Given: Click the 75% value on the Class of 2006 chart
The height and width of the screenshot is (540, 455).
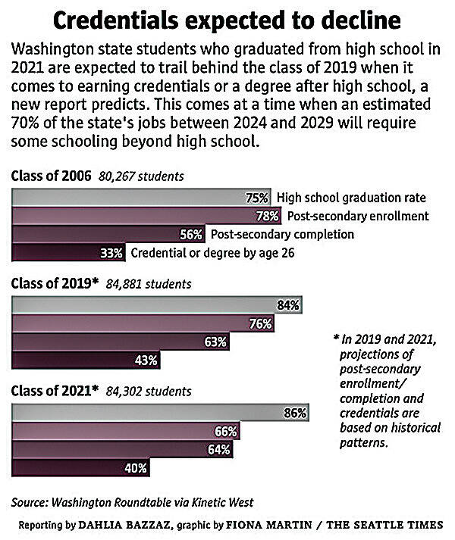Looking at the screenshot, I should point(258,198).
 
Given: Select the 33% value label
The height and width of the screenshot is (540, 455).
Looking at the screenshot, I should point(112,253).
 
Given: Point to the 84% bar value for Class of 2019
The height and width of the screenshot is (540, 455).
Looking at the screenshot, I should point(289,305).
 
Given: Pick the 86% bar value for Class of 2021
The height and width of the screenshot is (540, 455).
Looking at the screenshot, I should point(295,414).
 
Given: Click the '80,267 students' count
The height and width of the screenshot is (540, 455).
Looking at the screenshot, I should point(141,176).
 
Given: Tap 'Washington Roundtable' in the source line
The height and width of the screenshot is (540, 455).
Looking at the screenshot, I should point(111,501).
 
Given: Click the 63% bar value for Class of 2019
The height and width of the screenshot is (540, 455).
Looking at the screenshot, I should point(215,342).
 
